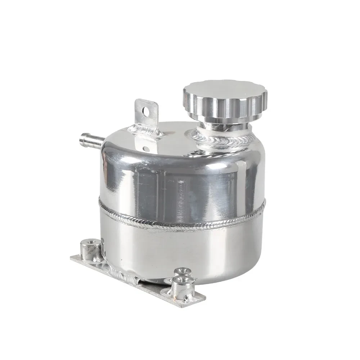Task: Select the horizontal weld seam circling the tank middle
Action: [180, 220]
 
